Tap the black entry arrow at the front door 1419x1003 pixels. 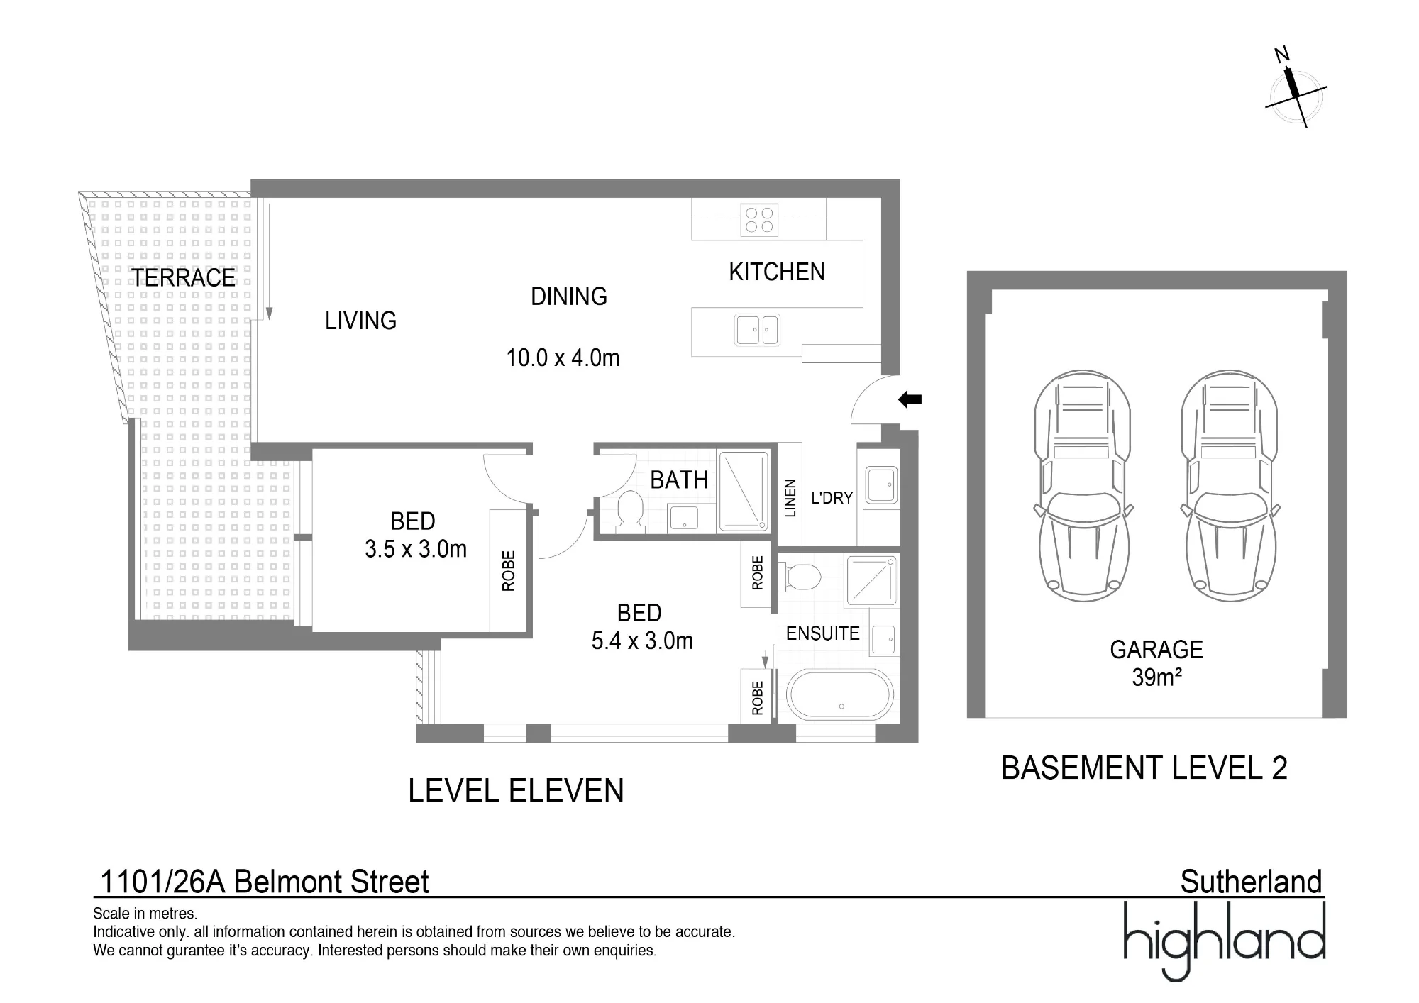(910, 400)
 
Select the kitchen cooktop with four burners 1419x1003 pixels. (758, 219)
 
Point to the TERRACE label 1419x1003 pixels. (183, 278)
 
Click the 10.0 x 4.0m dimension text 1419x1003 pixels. (563, 358)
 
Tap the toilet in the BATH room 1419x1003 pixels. (629, 510)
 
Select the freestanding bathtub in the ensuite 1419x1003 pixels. (841, 695)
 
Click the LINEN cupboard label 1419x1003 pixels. (790, 498)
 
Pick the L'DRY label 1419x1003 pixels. (832, 498)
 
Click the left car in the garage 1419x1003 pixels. (1083, 486)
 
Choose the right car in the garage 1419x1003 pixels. (1230, 486)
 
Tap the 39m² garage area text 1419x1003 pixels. (1156, 678)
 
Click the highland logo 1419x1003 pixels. (1225, 941)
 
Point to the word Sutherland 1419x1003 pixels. (1252, 882)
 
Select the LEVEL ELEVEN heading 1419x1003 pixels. (516, 791)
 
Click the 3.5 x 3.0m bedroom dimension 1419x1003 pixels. (416, 550)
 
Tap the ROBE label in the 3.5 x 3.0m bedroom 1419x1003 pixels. (508, 571)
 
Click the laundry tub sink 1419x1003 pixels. (882, 484)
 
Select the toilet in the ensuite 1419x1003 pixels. (800, 576)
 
